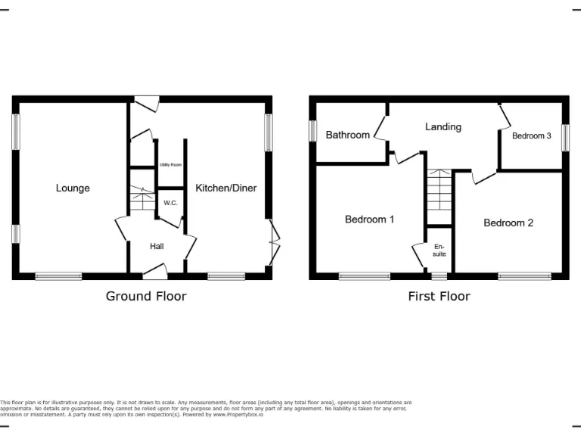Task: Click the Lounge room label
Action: pos(73,188)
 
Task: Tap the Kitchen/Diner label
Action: pos(226,188)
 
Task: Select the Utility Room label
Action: pos(169,164)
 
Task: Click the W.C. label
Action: pos(169,203)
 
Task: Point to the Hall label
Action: pos(157,246)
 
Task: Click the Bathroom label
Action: pos(347,135)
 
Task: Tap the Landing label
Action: pos(443,126)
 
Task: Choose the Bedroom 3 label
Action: pos(532,135)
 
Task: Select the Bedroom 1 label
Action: pos(369,220)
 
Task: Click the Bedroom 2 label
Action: pos(508,223)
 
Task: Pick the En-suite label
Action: pos(440,250)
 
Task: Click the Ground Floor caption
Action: pos(146,296)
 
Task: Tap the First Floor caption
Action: pos(439,296)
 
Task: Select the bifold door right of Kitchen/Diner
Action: pos(274,242)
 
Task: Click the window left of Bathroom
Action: pos(312,130)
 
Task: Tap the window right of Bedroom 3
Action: pos(565,136)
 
